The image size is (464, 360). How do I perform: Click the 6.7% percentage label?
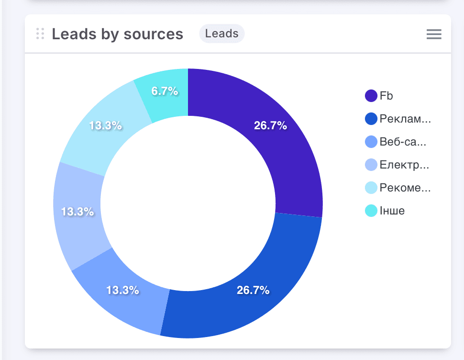(165, 91)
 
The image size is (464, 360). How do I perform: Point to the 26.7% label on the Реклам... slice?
(253, 290)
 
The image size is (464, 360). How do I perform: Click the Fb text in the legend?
(386, 96)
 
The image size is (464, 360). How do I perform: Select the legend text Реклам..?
(405, 119)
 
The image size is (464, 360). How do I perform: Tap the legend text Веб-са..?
(402, 142)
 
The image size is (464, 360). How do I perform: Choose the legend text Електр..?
(404, 165)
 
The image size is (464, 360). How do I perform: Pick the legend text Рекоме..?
(405, 188)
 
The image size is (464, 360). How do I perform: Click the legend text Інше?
(392, 211)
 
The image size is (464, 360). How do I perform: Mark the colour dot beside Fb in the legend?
(371, 96)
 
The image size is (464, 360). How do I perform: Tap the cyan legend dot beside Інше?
(371, 211)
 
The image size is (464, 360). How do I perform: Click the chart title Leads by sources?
(117, 34)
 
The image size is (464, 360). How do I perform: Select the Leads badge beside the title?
(221, 34)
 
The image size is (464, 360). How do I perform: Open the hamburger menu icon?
(434, 34)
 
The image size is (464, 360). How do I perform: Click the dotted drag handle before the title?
(40, 34)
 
